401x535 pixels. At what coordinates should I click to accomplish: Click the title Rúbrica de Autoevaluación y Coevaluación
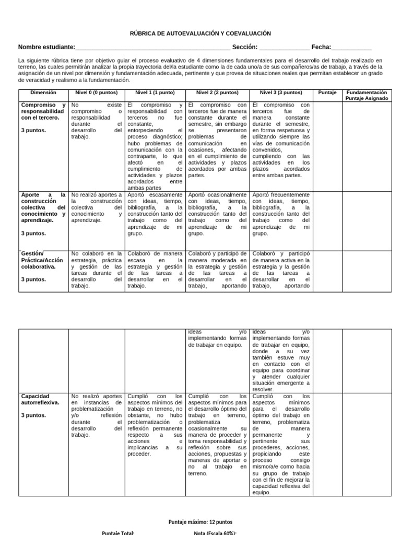point(200,33)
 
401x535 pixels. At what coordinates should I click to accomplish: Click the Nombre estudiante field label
point(46,47)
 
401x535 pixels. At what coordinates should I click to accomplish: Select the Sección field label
point(245,47)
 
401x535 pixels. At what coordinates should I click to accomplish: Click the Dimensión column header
point(43,92)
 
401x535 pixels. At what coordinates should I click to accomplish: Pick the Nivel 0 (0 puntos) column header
point(97,92)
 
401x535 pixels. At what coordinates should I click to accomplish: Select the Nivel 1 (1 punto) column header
point(155,92)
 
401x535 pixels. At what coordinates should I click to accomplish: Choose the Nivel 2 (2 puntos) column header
point(217,92)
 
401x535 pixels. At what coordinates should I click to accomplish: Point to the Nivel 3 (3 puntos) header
point(281,92)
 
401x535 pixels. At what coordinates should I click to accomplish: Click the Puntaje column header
point(328,92)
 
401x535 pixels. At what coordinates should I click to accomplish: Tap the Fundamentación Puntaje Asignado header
point(367,95)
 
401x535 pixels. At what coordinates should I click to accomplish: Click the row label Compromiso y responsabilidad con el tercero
point(43,111)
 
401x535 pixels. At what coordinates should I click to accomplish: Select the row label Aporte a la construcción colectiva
point(43,207)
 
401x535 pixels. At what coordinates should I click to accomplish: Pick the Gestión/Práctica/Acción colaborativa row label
point(43,260)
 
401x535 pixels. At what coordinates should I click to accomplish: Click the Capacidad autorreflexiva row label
point(40,400)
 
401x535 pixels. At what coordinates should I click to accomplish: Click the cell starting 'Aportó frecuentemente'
point(281,214)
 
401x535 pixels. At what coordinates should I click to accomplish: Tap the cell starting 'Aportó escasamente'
point(155,214)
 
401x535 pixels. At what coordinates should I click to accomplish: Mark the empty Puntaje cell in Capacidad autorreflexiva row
point(328,444)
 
